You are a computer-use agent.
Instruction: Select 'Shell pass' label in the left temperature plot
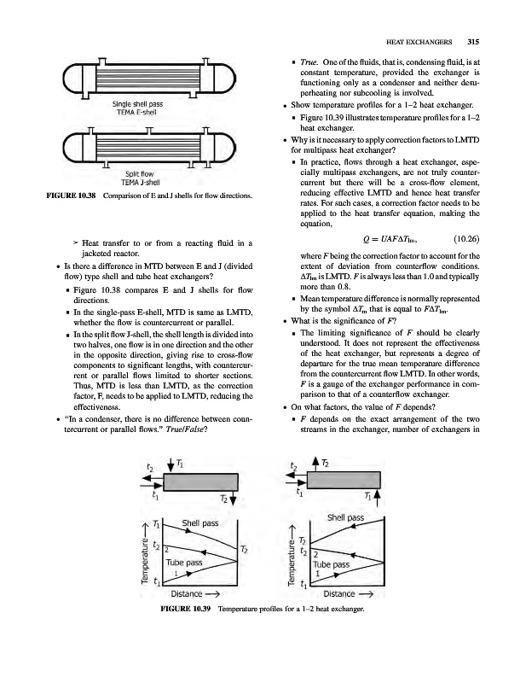click(199, 522)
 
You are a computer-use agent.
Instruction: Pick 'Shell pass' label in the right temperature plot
click(344, 517)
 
